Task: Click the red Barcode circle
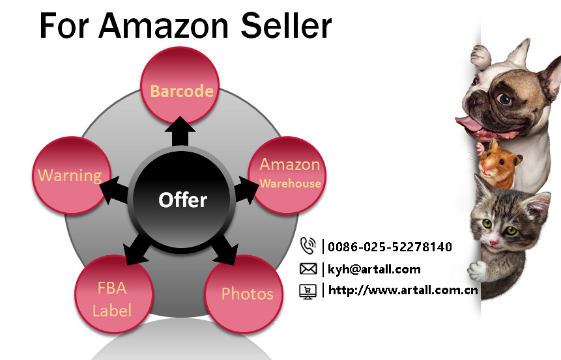pos(180,86)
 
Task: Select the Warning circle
pos(71,175)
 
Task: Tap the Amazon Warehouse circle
pos(287,175)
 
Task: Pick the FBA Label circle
pos(114,294)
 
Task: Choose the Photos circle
pos(244,294)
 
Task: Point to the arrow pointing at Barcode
pos(180,132)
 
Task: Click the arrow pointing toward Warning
pos(114,189)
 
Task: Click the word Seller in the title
pos(286,26)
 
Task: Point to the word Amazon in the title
pos(164,26)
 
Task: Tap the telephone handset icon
pos(308,245)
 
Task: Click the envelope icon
pos(308,269)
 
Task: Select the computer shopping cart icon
pos(308,292)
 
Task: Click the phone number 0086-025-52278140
pos(390,247)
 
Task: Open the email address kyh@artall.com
pos(374,270)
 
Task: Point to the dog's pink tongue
pos(470,124)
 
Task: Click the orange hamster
pos(497,165)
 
